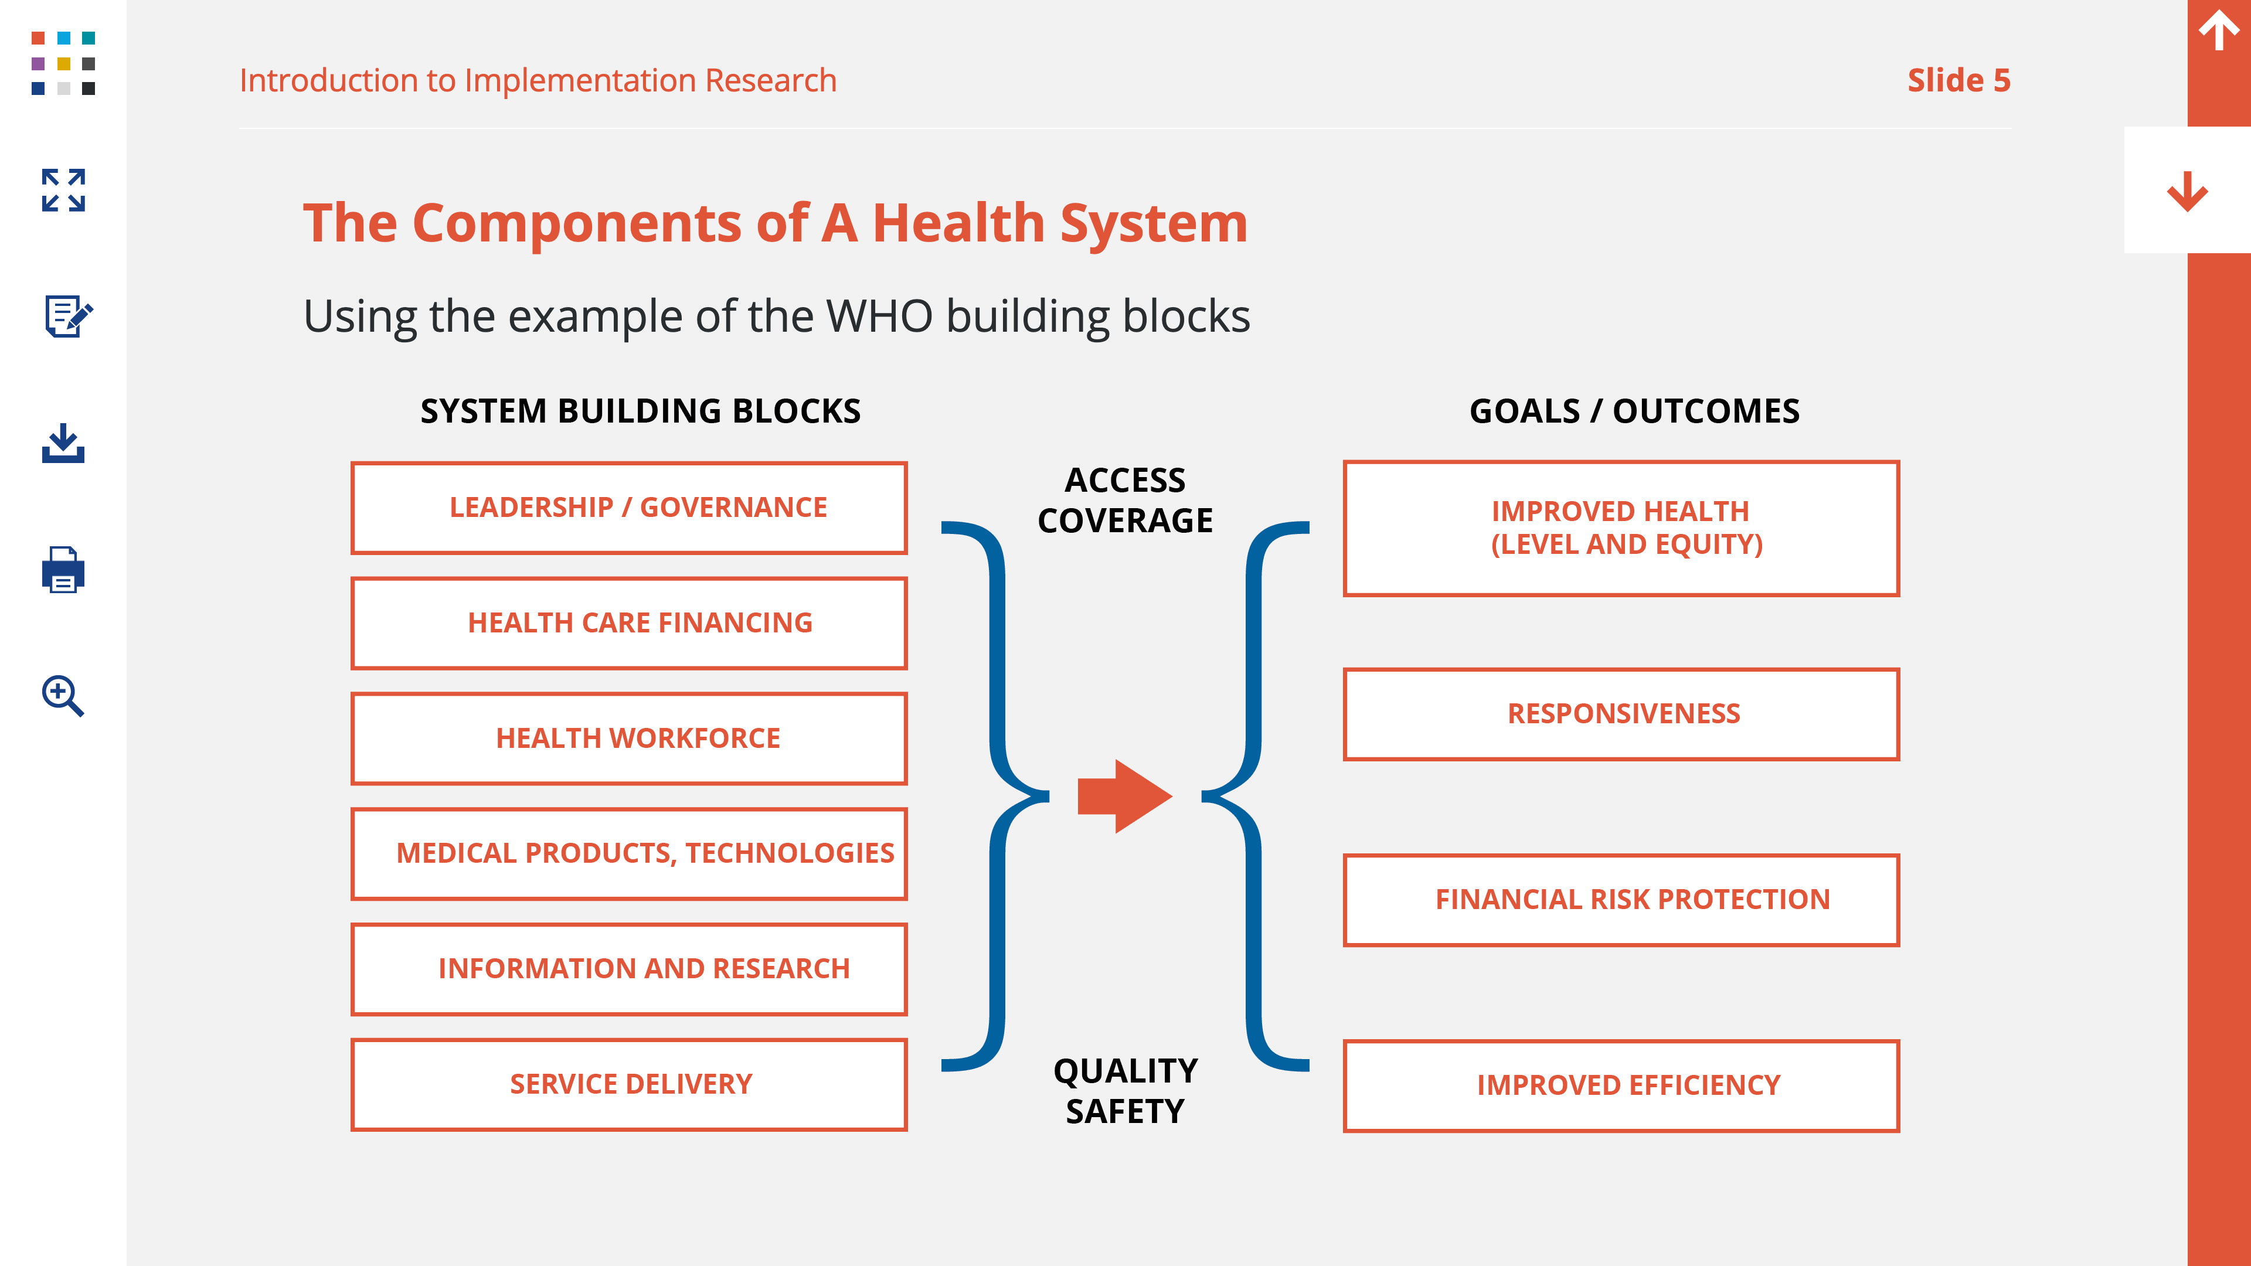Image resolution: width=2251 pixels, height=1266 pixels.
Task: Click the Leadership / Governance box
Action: [629, 508]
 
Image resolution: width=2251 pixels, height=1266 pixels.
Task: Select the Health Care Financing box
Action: [629, 623]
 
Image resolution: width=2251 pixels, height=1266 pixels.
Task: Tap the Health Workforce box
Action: [629, 738]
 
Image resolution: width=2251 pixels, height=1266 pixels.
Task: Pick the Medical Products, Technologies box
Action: [629, 853]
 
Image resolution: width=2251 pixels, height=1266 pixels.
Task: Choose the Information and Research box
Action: [629, 969]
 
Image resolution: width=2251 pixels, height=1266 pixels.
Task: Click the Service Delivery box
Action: [629, 1084]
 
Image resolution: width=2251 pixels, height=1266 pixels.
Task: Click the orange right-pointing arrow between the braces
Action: [1125, 796]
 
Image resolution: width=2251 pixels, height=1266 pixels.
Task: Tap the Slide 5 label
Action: [1958, 80]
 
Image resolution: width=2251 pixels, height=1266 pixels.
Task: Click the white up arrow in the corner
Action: [2219, 30]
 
